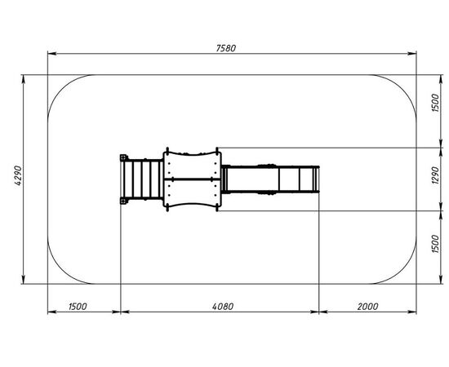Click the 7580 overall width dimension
(x=226, y=48)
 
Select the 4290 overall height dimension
(x=18, y=175)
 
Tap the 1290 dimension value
(x=435, y=175)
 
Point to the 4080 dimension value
(x=223, y=307)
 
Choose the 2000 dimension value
(x=367, y=307)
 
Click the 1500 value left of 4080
(x=78, y=307)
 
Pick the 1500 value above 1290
(x=435, y=103)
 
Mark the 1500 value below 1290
(x=435, y=244)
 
